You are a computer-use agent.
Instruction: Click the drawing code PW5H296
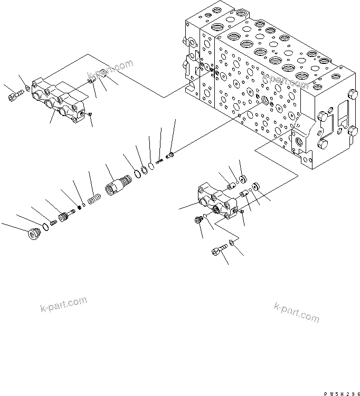(x=340, y=390)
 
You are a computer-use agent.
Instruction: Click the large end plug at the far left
(x=33, y=234)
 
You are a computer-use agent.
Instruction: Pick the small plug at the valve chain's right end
(x=170, y=156)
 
